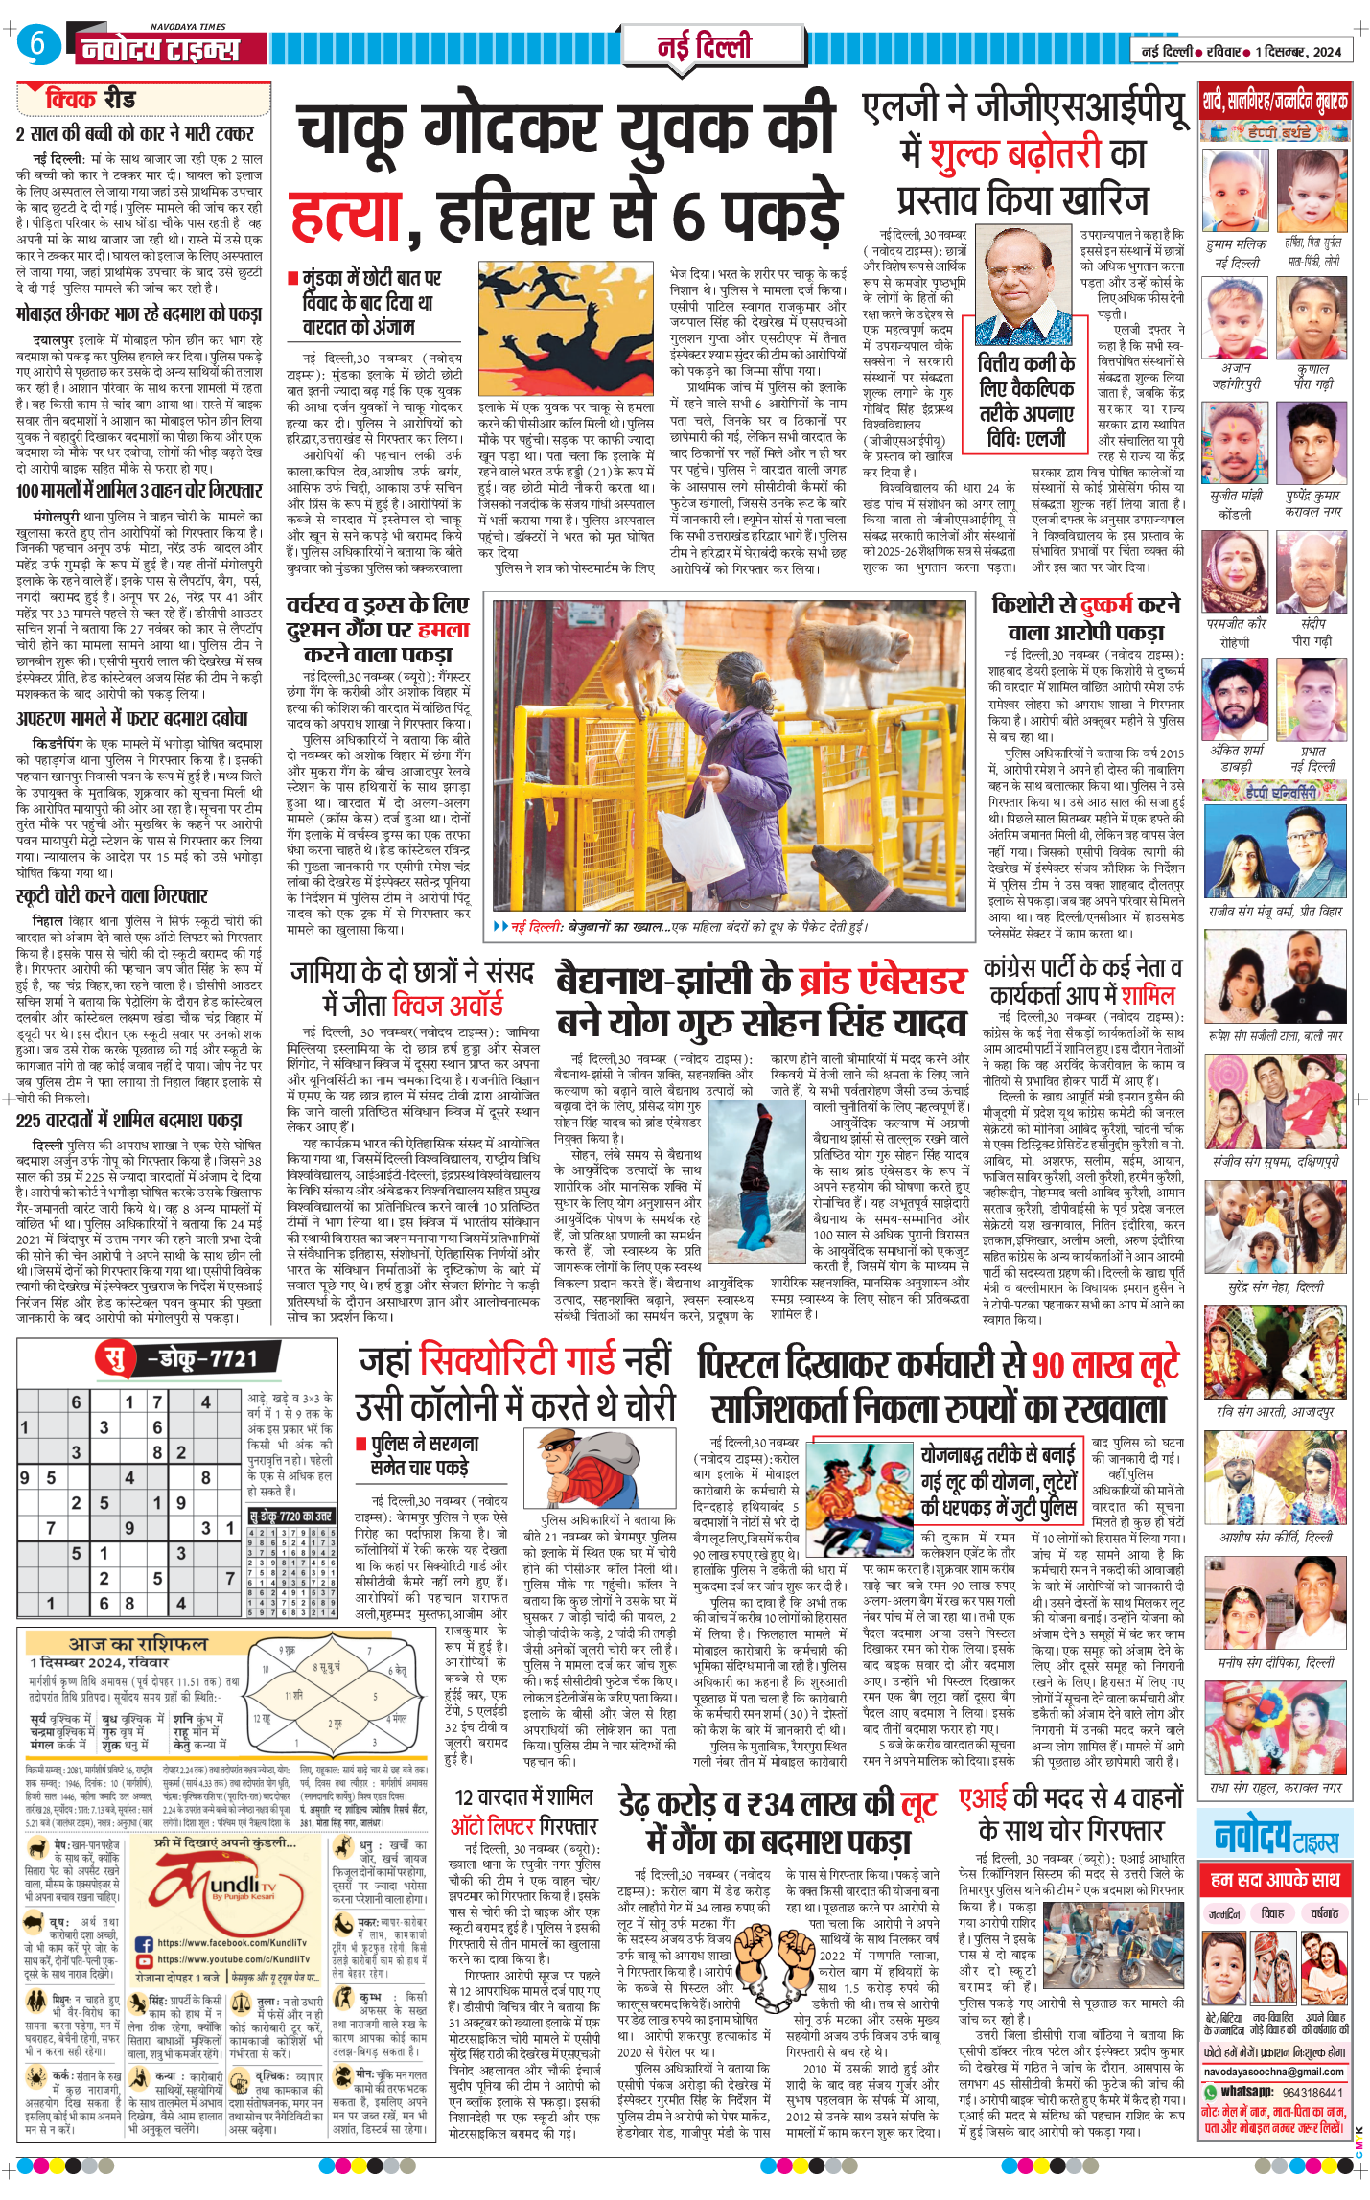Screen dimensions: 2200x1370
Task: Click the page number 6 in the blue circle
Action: point(36,43)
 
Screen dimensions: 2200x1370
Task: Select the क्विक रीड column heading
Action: point(90,99)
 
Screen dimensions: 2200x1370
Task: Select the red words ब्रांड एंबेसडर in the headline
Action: point(882,981)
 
